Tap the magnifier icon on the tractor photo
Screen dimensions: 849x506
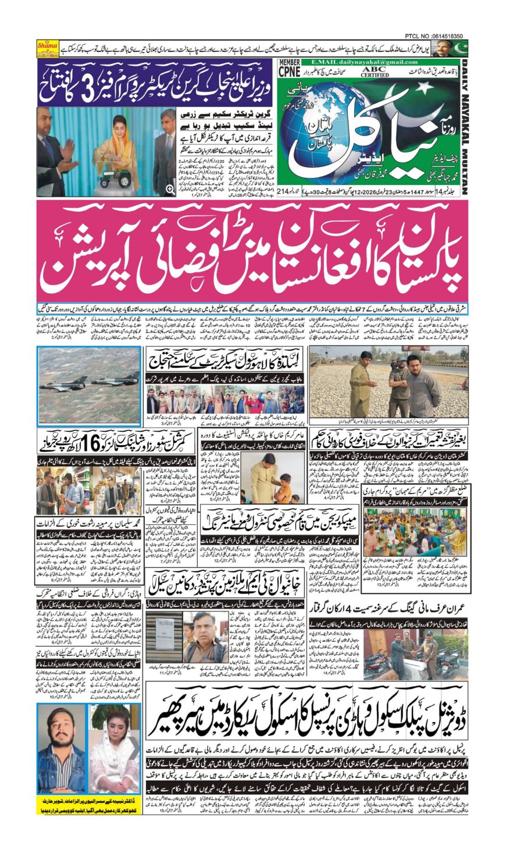coord(170,189)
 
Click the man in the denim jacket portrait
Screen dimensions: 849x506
coord(62,751)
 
